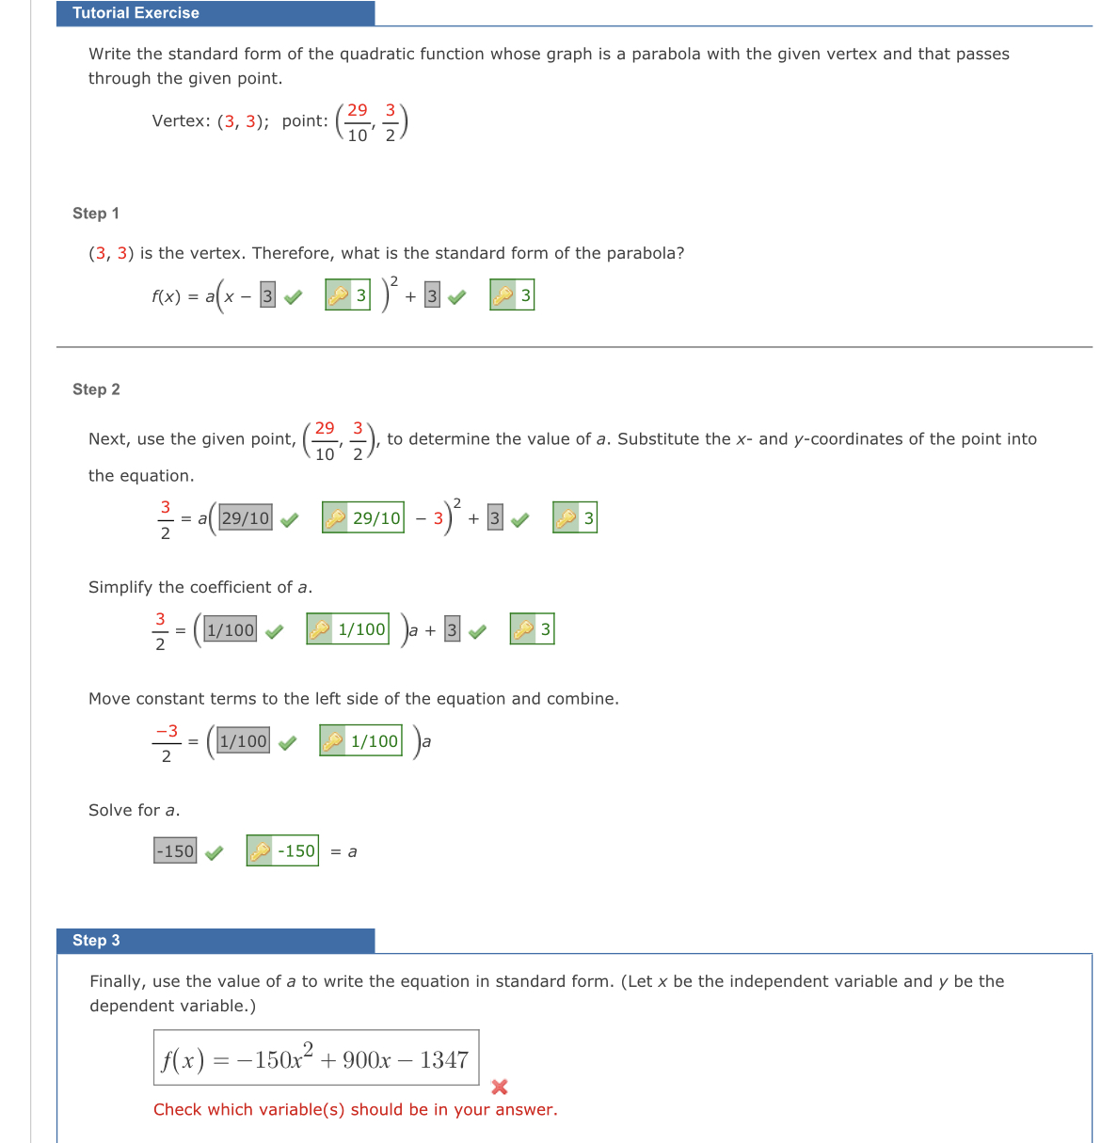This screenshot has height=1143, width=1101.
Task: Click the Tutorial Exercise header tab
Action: [215, 13]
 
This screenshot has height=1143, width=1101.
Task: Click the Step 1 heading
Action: [96, 214]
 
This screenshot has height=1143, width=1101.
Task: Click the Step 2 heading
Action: [96, 389]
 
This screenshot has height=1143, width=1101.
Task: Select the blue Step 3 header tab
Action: [215, 941]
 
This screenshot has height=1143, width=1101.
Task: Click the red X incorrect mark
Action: [500, 1087]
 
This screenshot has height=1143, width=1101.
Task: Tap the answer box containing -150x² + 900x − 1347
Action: [316, 1058]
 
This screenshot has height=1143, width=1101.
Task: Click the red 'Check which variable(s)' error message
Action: [355, 1110]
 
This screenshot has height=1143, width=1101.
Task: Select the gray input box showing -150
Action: [175, 851]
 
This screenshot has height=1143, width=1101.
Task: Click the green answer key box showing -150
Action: [282, 851]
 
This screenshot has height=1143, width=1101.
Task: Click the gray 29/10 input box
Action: [246, 518]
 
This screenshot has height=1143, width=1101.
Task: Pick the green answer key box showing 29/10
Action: [363, 518]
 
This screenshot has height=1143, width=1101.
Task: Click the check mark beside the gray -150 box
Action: [215, 853]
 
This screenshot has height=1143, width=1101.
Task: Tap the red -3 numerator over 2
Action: [167, 731]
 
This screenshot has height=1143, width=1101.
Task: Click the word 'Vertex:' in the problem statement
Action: [182, 121]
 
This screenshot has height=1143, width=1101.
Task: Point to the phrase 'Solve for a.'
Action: [134, 811]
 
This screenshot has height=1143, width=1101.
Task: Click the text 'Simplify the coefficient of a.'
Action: [200, 588]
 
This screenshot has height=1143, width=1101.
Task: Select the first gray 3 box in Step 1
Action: [267, 296]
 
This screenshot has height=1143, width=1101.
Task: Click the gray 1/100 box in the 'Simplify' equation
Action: [231, 630]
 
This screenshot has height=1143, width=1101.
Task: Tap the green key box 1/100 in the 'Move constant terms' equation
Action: [361, 741]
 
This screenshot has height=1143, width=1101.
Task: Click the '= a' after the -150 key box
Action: [344, 852]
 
